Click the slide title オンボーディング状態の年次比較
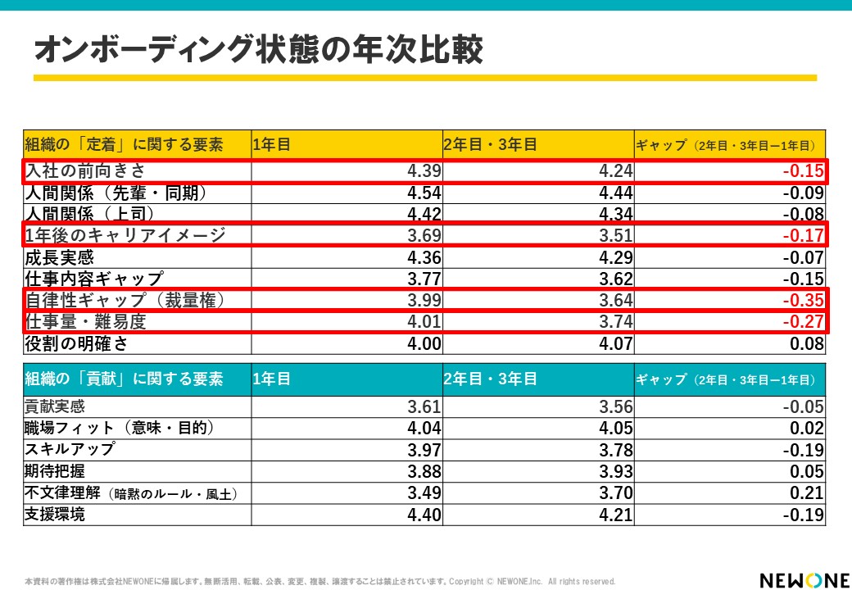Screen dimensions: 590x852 pyautogui.click(x=258, y=49)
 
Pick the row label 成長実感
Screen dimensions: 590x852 pyautogui.click(x=59, y=257)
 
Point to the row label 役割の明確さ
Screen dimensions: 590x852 pyautogui.click(x=76, y=343)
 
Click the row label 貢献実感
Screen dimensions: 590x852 pyautogui.click(x=55, y=406)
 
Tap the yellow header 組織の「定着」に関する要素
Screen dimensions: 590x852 pyautogui.click(x=125, y=145)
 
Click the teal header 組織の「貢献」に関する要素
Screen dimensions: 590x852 pyautogui.click(x=125, y=379)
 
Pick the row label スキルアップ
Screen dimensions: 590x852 pyautogui.click(x=70, y=449)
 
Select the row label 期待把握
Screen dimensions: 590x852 pyautogui.click(x=55, y=471)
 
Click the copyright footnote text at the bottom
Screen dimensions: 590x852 pyautogui.click(x=319, y=581)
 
